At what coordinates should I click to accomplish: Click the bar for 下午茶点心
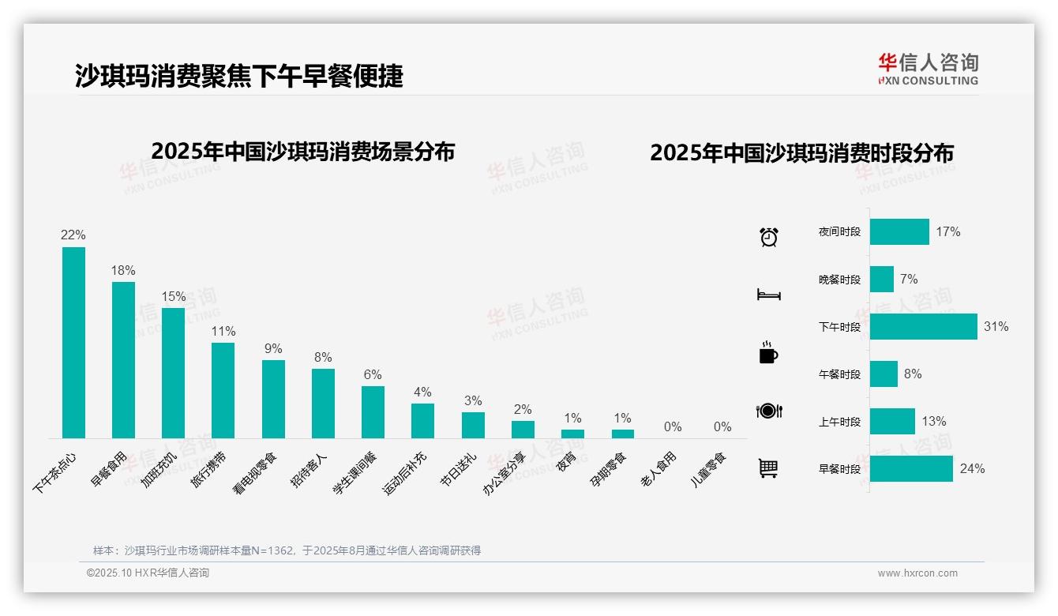[x=73, y=343]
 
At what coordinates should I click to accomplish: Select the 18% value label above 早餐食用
[x=123, y=270]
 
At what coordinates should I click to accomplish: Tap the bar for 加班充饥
[x=173, y=373]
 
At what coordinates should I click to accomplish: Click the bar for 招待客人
[x=323, y=404]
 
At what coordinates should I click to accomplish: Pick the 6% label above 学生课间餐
[x=373, y=374]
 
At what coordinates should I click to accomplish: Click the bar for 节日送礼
[x=473, y=425]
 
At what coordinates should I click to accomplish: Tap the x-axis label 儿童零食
[x=708, y=469]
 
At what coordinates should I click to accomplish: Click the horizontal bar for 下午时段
[x=923, y=327]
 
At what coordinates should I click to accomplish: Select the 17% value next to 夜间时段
[x=947, y=232]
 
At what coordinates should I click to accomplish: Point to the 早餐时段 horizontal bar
[x=911, y=469]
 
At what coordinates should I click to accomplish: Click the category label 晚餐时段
[x=839, y=280]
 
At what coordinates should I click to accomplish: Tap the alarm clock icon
[x=768, y=236]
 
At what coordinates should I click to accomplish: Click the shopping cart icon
[x=768, y=468]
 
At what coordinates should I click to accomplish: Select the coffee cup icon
[x=768, y=353]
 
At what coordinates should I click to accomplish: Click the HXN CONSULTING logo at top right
[x=928, y=69]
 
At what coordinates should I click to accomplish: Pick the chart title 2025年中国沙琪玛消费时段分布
[x=801, y=153]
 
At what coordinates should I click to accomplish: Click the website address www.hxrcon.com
[x=917, y=573]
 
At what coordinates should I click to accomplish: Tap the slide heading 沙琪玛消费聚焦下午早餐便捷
[x=239, y=76]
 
